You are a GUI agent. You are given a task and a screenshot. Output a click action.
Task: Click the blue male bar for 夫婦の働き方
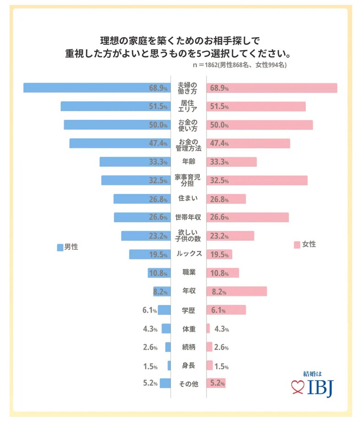coord(96,88)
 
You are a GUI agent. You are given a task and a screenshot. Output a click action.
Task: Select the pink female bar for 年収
coord(237,291)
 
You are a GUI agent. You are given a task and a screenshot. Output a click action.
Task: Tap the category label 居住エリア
coord(187,106)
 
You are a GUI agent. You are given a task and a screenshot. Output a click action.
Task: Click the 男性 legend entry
coord(67,247)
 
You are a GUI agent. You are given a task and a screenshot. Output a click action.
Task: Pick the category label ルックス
coord(188,254)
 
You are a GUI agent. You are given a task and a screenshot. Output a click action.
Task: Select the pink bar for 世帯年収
coord(248,217)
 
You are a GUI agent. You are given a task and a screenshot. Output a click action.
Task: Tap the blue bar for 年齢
coord(135,162)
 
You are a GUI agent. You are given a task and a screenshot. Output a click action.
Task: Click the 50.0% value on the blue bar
coord(158,125)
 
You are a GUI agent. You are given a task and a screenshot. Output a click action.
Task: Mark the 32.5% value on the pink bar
coord(219,180)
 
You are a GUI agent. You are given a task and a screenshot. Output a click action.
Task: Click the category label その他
coord(188,383)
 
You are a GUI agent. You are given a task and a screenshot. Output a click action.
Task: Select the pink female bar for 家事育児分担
coord(257,180)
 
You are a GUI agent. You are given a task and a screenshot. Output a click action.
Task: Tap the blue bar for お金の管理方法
coord(120,143)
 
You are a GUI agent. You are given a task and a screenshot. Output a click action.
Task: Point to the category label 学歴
coord(188,310)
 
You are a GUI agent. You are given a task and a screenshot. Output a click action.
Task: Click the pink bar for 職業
coord(223,273)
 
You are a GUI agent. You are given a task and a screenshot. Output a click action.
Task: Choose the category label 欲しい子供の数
coord(188,236)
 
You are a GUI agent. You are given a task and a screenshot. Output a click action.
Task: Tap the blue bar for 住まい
coord(142,199)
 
